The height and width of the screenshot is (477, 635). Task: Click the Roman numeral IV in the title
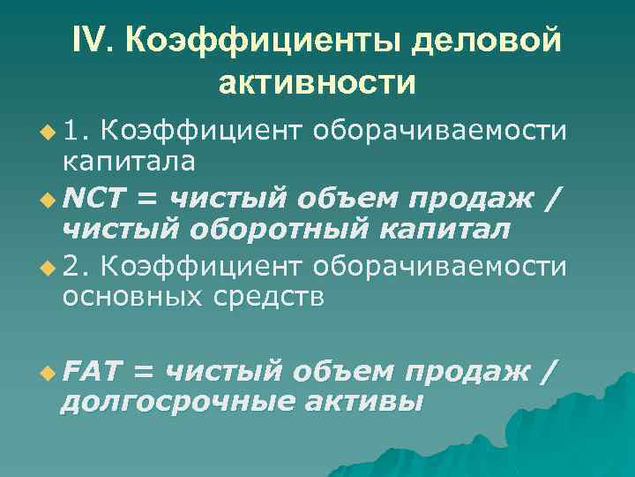tap(93, 40)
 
